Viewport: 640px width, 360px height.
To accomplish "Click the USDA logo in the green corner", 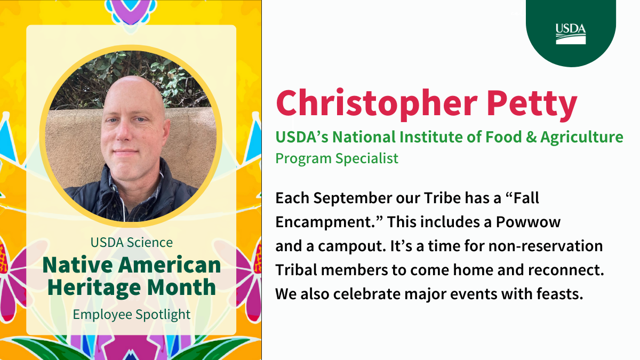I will (x=571, y=33).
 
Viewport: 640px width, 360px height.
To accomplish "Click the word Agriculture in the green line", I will (x=581, y=138).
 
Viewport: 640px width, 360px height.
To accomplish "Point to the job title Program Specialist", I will (x=337, y=158).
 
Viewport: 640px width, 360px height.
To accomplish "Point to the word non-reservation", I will (x=539, y=247).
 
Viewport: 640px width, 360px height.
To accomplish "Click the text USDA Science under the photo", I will (x=131, y=242).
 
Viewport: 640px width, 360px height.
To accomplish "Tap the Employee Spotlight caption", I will (x=131, y=314).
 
